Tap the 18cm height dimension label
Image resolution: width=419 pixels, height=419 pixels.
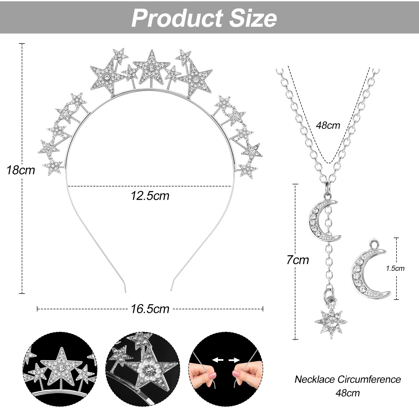click(x=21, y=170)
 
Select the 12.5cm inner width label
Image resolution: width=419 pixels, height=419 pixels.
click(x=150, y=196)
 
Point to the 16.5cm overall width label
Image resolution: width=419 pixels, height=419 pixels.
click(x=150, y=309)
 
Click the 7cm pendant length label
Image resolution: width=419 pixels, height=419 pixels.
click(x=297, y=260)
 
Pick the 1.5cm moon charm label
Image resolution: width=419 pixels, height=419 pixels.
click(x=395, y=268)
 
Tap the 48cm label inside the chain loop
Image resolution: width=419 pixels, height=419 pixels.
click(x=328, y=125)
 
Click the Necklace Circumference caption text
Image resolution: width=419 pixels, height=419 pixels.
click(x=348, y=379)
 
